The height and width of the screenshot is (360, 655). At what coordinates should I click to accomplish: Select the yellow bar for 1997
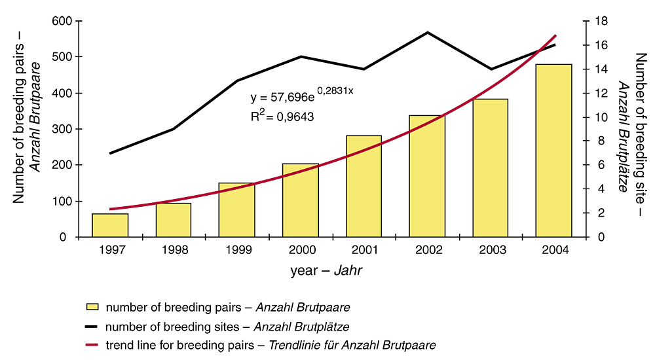[110, 225]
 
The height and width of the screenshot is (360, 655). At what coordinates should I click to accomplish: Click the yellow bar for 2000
[301, 200]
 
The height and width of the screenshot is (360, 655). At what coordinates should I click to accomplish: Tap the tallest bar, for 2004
[554, 151]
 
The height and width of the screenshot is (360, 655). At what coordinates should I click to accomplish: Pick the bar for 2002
[427, 176]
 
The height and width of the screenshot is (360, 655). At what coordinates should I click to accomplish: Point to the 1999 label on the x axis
[237, 250]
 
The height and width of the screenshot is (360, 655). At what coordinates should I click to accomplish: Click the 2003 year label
[491, 250]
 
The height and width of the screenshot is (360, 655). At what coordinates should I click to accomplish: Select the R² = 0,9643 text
[282, 118]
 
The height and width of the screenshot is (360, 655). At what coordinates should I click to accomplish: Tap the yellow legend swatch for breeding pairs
[92, 306]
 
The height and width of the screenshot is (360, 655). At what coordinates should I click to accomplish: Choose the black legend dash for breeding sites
[92, 325]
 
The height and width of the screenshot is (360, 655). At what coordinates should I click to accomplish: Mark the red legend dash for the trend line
[92, 344]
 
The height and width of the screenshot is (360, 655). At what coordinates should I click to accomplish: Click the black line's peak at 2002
[427, 32]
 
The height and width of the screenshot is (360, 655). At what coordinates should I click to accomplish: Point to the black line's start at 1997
[110, 153]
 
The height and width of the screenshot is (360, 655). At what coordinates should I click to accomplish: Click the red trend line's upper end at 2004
[555, 35]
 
